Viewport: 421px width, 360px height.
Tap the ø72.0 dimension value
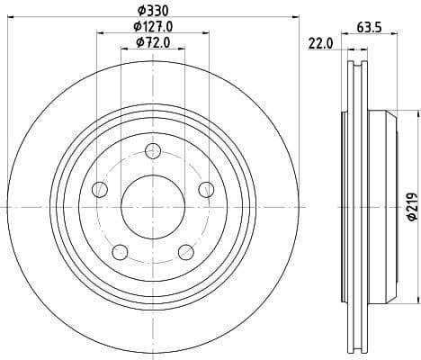pyautogui.click(x=153, y=42)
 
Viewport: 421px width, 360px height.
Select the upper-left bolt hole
pyautogui.click(x=100, y=189)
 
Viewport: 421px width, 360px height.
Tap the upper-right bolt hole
pyautogui.click(x=206, y=189)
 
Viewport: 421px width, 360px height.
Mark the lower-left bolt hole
pyautogui.click(x=120, y=251)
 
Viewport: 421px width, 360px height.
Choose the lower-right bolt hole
pyautogui.click(x=185, y=251)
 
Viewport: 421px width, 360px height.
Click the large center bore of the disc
pyautogui.click(x=153, y=206)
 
